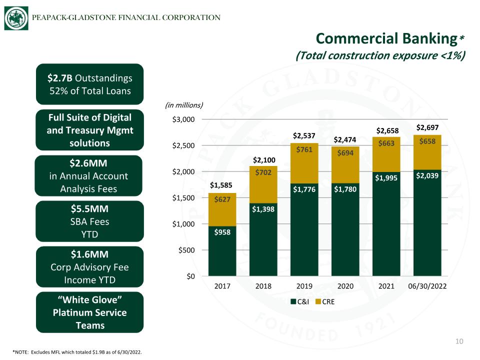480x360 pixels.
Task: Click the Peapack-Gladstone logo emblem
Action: [16, 18]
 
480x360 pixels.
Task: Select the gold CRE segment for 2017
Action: [222, 209]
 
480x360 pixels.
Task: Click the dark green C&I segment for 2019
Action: [304, 229]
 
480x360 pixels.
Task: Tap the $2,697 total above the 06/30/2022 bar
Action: [427, 127]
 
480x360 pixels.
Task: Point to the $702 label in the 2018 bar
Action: [263, 172]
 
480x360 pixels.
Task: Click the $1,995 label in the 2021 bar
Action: [386, 178]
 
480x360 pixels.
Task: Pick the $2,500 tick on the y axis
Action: [183, 145]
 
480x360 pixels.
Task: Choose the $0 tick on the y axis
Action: [190, 276]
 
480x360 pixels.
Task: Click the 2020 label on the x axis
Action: [345, 286]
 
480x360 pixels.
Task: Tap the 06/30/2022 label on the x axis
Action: [427, 286]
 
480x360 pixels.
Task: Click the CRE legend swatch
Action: [318, 301]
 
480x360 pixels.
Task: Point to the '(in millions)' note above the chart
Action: [184, 105]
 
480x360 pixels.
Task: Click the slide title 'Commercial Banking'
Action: [386, 38]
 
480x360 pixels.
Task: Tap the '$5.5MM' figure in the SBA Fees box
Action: [89, 209]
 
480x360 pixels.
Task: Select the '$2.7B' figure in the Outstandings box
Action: [59, 78]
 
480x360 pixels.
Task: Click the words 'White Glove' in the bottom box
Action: [89, 299]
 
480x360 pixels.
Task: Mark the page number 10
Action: [459, 341]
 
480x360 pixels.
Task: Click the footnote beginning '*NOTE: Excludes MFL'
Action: [77, 352]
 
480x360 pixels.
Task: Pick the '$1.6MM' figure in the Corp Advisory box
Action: [89, 254]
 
